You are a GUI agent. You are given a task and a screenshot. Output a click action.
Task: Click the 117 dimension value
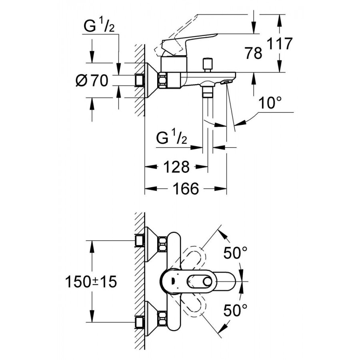pyautogui.click(x=280, y=44)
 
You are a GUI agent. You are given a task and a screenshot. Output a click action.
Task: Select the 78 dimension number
pyautogui.click(x=254, y=53)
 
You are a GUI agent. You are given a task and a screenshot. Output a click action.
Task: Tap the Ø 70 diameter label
pyautogui.click(x=92, y=80)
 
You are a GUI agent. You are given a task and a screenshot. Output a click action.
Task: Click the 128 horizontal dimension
pyautogui.click(x=176, y=167)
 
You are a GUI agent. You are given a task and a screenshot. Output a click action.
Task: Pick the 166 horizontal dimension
pyautogui.click(x=186, y=188)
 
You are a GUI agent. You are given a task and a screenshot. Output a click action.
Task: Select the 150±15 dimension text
pyautogui.click(x=91, y=282)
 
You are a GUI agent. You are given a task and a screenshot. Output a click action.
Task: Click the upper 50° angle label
pyautogui.click(x=236, y=253)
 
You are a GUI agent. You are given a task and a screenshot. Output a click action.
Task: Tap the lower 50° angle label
pyautogui.click(x=236, y=310)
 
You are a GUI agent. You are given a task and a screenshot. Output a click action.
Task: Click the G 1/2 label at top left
pyautogui.click(x=99, y=26)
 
